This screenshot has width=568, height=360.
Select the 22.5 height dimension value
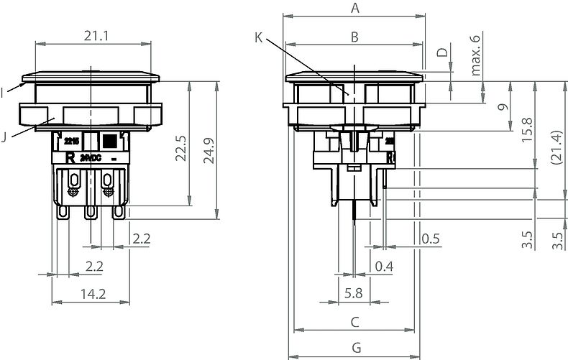point(181,147)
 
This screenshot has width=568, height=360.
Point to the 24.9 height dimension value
point(209,151)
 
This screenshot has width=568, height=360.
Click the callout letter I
point(4,92)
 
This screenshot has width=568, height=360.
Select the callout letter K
point(259,37)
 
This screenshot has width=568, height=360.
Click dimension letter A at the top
point(354,9)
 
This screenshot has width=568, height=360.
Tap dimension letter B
point(354,37)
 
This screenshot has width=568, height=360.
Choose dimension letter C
point(354,321)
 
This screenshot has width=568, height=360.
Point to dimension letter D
point(443,52)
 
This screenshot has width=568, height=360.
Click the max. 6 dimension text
point(475,56)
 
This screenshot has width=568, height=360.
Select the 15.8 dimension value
point(527,131)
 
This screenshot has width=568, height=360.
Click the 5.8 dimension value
point(353,293)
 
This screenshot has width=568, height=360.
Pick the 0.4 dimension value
point(385,267)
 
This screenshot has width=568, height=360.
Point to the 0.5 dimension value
point(431,238)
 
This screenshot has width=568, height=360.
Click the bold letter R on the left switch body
point(70,157)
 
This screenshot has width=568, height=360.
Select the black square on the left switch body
point(109,140)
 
